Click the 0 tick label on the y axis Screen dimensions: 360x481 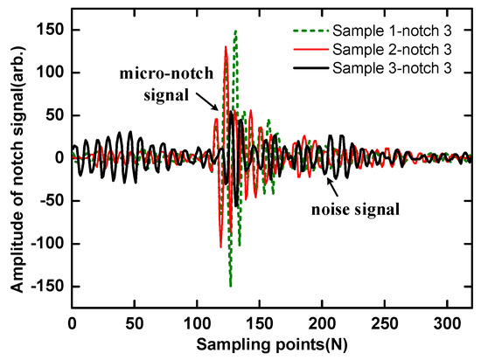[59, 158]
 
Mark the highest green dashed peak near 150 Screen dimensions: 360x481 [235, 31]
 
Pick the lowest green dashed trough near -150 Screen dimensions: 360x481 [230, 285]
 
